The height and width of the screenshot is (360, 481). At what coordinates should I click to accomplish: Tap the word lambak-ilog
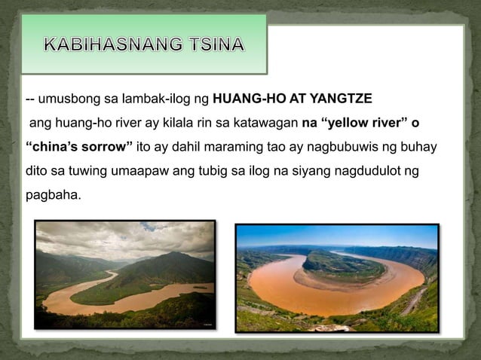pos(163,99)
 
